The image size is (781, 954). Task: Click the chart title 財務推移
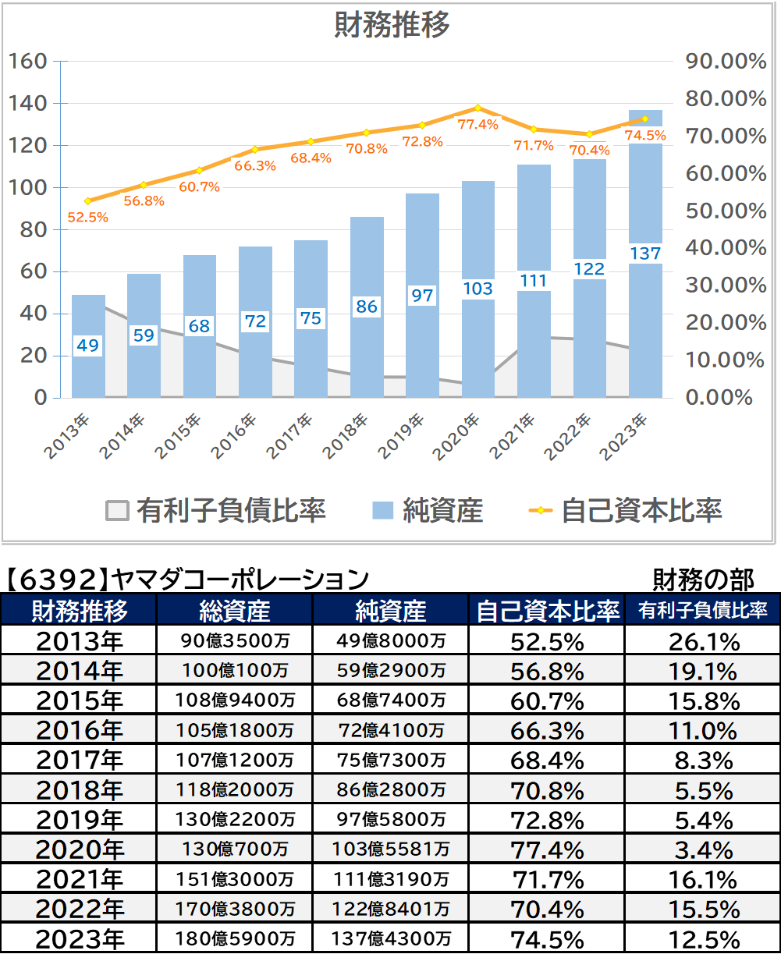(x=392, y=24)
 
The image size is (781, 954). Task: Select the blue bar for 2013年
(x=89, y=346)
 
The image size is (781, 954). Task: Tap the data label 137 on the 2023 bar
(x=646, y=254)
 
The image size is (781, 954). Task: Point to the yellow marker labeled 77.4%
(x=477, y=108)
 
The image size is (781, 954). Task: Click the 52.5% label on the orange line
(x=88, y=218)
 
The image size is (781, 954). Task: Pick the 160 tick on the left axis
(x=28, y=61)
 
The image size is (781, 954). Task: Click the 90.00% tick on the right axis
(x=726, y=61)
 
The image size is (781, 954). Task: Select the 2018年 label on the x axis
(x=345, y=436)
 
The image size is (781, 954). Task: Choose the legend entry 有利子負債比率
(x=215, y=511)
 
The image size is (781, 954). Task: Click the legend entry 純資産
(x=428, y=511)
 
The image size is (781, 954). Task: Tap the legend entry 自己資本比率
(x=625, y=511)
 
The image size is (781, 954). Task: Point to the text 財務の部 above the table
(x=703, y=580)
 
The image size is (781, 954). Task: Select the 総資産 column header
(x=234, y=610)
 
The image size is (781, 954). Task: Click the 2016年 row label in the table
(x=79, y=731)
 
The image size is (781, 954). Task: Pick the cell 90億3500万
(x=235, y=640)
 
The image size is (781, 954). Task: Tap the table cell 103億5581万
(x=390, y=849)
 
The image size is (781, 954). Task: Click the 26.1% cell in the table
(x=704, y=642)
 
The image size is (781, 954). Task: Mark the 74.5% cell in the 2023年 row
(x=548, y=940)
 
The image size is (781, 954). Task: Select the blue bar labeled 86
(x=367, y=307)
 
